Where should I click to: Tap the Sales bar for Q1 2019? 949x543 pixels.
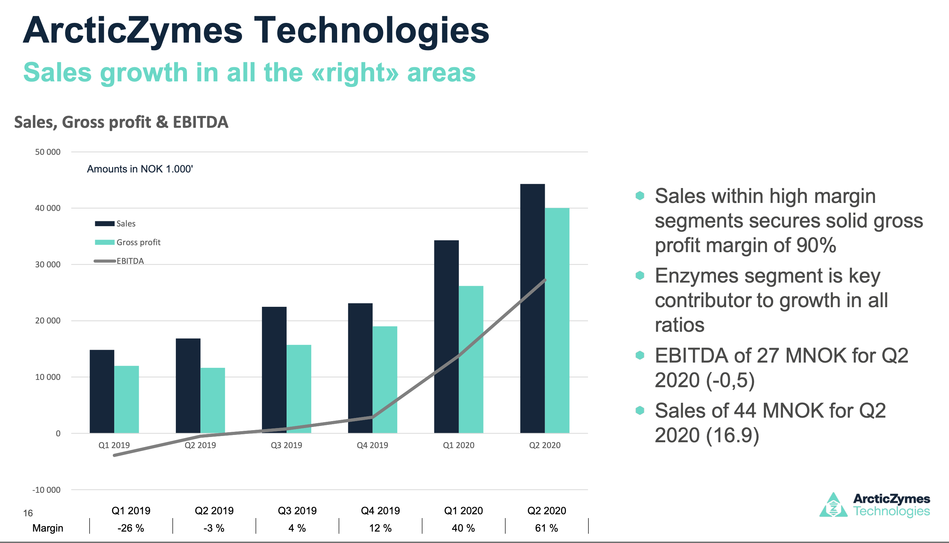click(102, 392)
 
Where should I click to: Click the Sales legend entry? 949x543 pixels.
click(115, 224)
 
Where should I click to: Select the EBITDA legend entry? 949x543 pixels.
click(119, 261)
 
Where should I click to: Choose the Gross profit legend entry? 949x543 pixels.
click(128, 242)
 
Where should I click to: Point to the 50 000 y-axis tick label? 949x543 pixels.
click(47, 152)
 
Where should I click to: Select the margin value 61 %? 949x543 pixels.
click(546, 528)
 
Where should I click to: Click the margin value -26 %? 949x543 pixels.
click(130, 528)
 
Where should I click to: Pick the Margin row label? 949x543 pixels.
click(48, 528)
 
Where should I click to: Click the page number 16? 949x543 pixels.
click(28, 513)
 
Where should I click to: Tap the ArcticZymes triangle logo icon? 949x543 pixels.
click(833, 506)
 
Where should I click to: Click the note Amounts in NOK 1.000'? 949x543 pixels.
click(140, 169)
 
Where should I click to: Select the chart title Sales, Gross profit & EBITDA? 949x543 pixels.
click(121, 122)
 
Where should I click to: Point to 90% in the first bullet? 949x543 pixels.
click(816, 246)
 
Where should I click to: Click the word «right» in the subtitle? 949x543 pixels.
click(355, 72)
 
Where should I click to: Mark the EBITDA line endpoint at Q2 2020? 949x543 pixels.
click(545, 280)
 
